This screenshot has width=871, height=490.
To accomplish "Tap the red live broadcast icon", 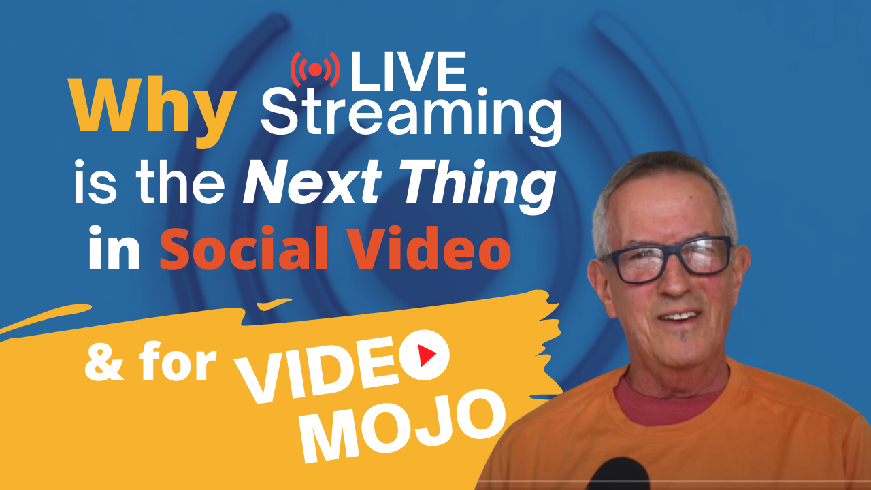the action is (315, 69).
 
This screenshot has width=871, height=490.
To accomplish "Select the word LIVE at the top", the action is (408, 71).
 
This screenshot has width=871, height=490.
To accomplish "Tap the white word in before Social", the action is (114, 248).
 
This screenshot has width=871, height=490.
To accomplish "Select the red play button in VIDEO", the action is (424, 355).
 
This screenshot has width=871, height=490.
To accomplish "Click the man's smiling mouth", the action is (679, 316).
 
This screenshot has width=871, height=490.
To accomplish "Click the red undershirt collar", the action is (670, 404).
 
